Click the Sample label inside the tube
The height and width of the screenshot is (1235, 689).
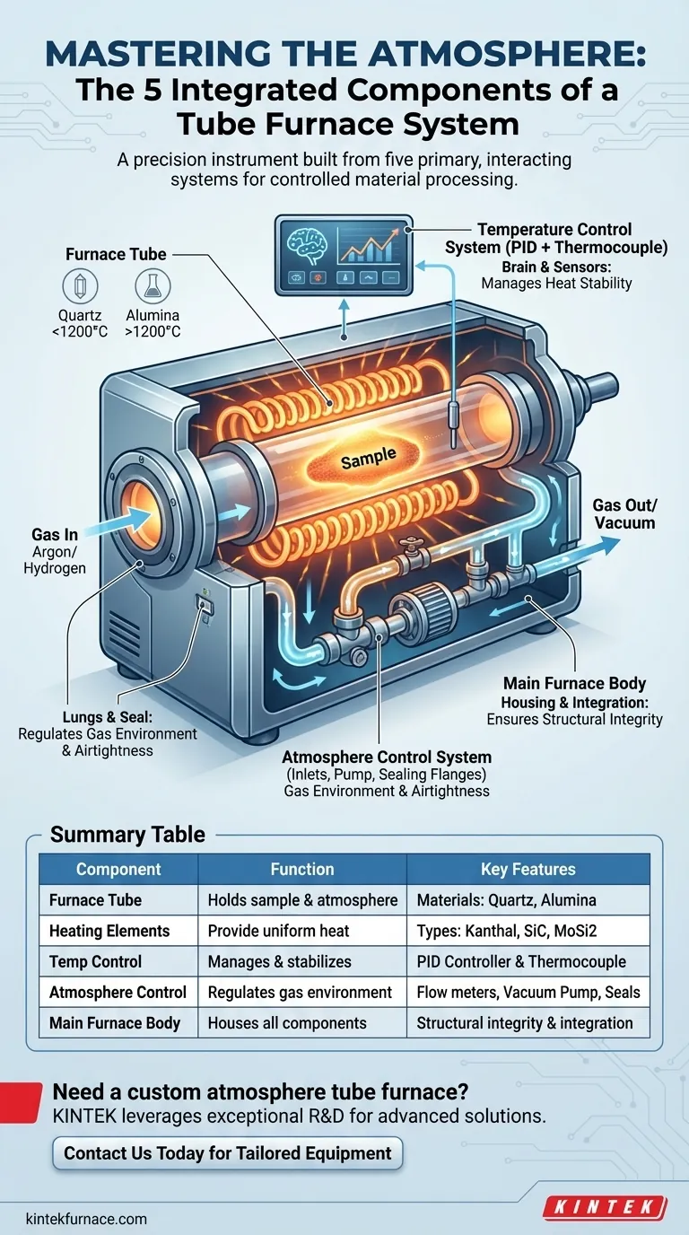(x=369, y=460)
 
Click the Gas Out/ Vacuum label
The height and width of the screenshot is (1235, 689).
(x=624, y=512)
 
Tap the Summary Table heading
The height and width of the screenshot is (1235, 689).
(x=127, y=835)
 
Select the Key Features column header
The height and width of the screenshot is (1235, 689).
(x=528, y=869)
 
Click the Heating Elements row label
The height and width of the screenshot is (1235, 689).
(x=109, y=931)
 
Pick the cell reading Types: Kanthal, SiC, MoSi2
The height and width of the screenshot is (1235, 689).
(x=519, y=931)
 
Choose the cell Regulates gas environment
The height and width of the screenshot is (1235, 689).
(x=300, y=992)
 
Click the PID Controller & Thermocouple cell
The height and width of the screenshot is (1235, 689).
(x=521, y=961)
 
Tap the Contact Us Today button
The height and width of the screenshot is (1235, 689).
(x=227, y=1153)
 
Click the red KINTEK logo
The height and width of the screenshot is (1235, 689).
(x=606, y=1207)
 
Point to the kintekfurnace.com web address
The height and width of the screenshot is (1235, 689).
(x=86, y=1219)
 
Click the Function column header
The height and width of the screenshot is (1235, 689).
(x=301, y=869)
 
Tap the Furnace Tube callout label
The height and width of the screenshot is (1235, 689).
(x=116, y=254)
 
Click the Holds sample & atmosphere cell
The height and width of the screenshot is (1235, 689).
(x=301, y=900)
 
